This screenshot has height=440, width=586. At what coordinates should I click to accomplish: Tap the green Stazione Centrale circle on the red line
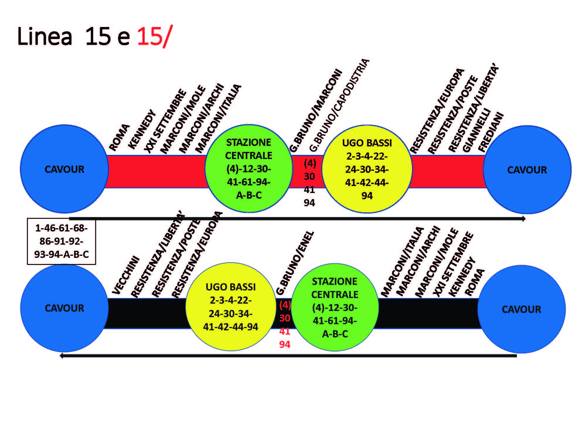pos(249,169)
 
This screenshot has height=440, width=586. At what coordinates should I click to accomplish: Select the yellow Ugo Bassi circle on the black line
pos(231,307)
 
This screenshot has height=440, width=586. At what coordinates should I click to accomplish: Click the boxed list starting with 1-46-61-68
pos(62,241)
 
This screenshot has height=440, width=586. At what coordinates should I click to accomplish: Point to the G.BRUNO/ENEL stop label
pos(295,263)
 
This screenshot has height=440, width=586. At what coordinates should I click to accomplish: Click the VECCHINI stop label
pos(126,275)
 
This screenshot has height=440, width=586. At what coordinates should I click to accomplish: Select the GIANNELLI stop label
pos(476,130)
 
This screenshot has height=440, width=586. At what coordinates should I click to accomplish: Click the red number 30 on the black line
pos(285,318)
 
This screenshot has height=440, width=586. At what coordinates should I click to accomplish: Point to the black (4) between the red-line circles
pos(310,163)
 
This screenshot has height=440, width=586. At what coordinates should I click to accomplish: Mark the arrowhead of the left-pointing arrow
pos(62,356)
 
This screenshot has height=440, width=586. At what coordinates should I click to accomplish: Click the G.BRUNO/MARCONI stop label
pos(316,111)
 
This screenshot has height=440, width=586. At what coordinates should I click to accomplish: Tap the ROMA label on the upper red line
pos(119,137)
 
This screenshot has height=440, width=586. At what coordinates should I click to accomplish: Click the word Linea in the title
pos(45,36)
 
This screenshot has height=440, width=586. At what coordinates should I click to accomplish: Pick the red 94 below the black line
pos(285,344)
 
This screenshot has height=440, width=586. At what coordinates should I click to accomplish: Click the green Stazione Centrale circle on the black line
pos(335,307)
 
